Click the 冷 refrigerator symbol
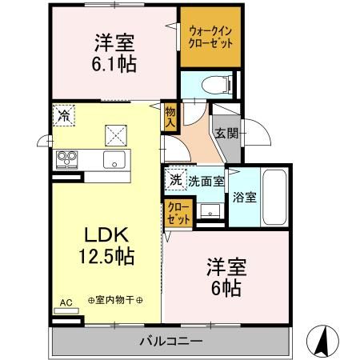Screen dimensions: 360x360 click(x=63, y=115)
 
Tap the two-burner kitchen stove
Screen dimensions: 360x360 click(x=66, y=159)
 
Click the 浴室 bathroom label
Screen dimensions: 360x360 click(x=244, y=198)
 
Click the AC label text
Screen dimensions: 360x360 click(x=66, y=303)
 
